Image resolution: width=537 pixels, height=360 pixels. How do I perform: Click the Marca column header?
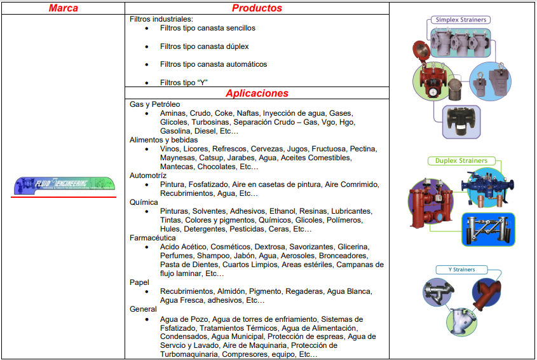point(63,8)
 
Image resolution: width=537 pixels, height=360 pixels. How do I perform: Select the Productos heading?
point(257,8)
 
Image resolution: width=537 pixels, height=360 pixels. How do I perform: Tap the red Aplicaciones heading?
point(257,93)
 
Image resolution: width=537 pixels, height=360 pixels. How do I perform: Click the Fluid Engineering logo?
point(63,184)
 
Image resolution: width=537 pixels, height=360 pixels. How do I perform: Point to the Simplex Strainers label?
point(461,20)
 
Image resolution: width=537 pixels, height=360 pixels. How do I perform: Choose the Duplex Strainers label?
point(461,161)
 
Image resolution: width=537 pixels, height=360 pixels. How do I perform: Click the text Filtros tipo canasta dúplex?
point(204,46)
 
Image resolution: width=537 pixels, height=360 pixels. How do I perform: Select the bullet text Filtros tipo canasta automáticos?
point(214,64)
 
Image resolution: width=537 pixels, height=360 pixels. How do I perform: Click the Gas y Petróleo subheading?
point(155,104)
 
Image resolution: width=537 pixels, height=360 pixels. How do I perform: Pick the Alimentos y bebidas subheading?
point(164,140)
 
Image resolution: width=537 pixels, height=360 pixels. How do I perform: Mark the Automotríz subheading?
point(148,175)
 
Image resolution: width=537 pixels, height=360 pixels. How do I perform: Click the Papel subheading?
point(139,282)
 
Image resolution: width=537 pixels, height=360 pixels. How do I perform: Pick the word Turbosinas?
point(210,122)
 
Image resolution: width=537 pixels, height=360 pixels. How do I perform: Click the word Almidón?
point(229,291)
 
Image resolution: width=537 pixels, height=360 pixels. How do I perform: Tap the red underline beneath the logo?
point(63,197)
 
